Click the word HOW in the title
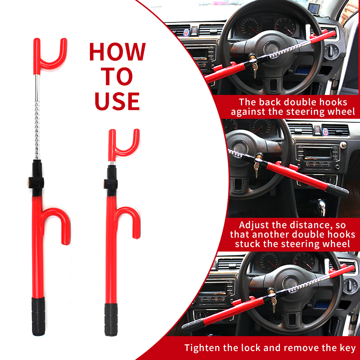point(117,52)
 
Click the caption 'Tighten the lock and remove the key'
point(270,348)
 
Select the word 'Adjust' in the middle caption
point(256,225)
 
